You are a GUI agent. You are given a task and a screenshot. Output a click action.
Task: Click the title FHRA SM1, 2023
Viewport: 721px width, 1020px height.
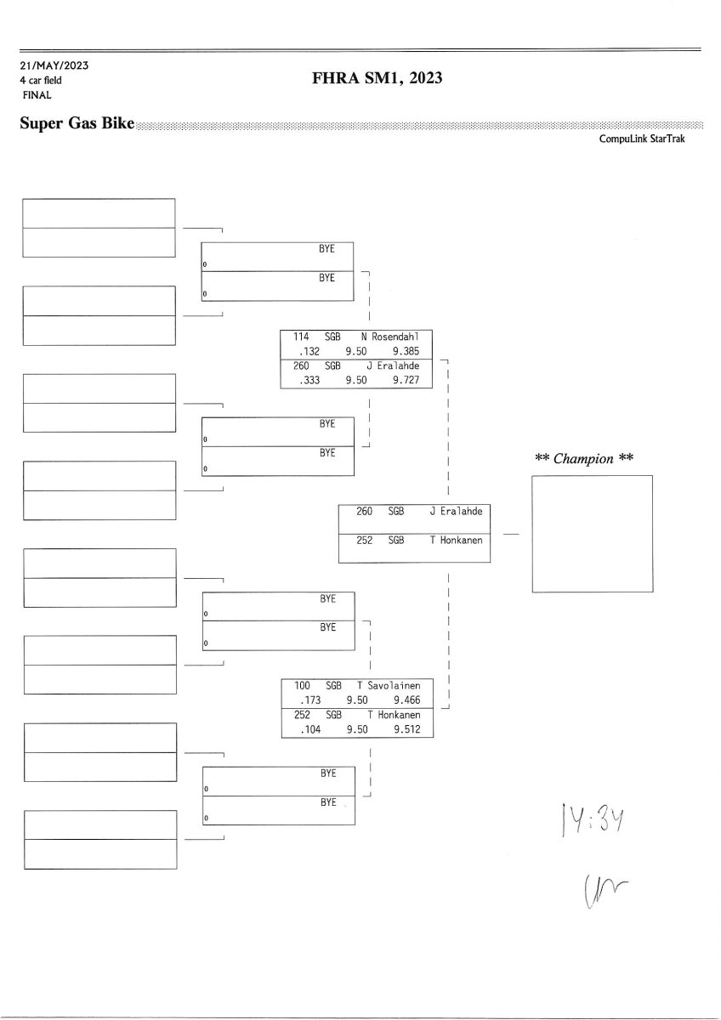(378, 79)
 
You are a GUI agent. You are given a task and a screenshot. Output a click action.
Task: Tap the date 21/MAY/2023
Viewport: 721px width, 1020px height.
(54, 65)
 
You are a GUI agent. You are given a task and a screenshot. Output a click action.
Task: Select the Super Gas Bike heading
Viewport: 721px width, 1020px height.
(77, 124)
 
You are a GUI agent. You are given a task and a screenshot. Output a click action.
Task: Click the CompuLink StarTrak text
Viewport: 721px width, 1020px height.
(641, 139)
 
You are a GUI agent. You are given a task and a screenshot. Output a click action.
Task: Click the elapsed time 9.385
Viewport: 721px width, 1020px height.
(406, 350)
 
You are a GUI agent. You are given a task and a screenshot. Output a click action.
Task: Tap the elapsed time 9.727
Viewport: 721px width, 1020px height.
(406, 381)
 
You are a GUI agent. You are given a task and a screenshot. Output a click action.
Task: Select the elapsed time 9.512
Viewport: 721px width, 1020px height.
(406, 730)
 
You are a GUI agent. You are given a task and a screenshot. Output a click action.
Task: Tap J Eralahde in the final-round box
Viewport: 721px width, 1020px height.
(456, 512)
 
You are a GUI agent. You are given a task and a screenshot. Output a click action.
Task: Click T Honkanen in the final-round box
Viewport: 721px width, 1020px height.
(456, 540)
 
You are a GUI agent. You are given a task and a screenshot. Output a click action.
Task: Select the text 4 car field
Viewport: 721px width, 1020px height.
(41, 80)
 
